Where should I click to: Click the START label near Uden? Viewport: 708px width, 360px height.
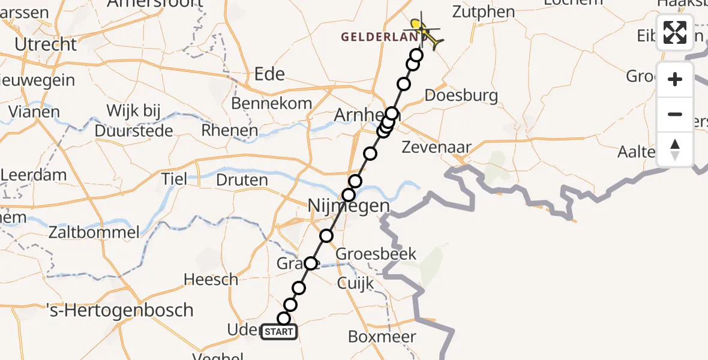pos(279,332)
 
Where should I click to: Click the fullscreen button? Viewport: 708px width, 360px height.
pos(675,32)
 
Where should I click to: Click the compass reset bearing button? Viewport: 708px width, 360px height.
pos(675,149)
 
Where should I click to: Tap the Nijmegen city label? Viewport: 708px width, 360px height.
pos(349,206)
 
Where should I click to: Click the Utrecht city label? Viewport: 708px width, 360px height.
pos(46,44)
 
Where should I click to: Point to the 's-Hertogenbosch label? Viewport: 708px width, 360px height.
pos(120,310)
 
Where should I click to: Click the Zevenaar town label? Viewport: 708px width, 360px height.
pos(436,147)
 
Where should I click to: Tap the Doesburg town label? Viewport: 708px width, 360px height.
pos(461,95)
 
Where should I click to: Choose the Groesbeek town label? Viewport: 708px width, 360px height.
pos(376,254)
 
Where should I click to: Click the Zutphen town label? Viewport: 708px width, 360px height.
pos(484,11)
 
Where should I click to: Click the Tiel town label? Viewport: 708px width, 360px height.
pos(174,179)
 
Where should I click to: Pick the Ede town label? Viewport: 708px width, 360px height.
pos(269,74)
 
